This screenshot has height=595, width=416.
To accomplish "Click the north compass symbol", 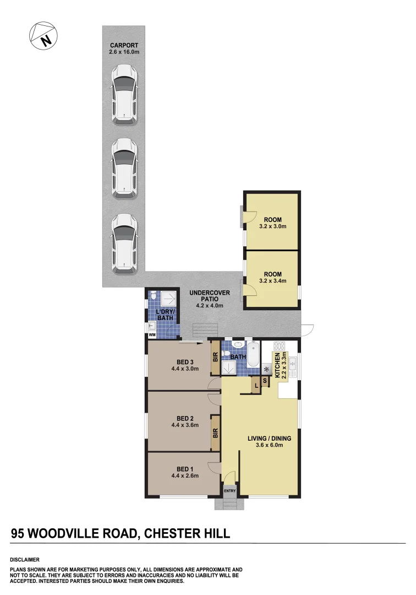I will coord(43,37).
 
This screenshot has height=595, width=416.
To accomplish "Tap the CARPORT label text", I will coord(123,45).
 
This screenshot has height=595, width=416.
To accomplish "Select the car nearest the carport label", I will coord(124,94).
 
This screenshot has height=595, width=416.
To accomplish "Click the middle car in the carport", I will coord(124,168).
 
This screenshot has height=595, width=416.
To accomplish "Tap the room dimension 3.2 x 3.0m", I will coord(272,226).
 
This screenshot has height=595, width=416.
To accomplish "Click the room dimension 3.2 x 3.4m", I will coord(272,281).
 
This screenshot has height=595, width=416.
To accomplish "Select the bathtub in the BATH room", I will coord(253,355).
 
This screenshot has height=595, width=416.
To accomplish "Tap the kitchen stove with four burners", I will coord(279,347).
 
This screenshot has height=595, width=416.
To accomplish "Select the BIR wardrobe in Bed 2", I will coord(215,433).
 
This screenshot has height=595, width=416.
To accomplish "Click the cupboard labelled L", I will coord(256,385).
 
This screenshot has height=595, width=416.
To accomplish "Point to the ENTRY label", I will coord(229,490).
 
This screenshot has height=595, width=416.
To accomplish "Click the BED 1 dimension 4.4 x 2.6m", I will coord(184,475).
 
